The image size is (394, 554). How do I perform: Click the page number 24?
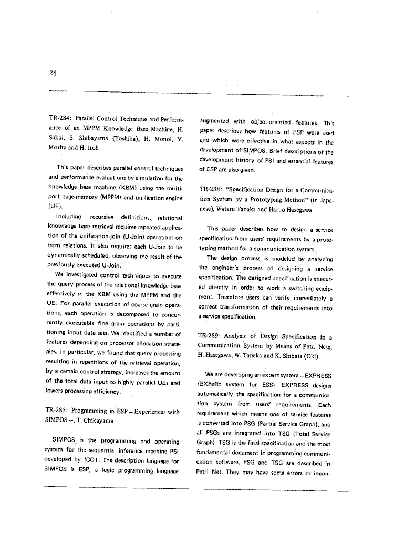53,73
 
